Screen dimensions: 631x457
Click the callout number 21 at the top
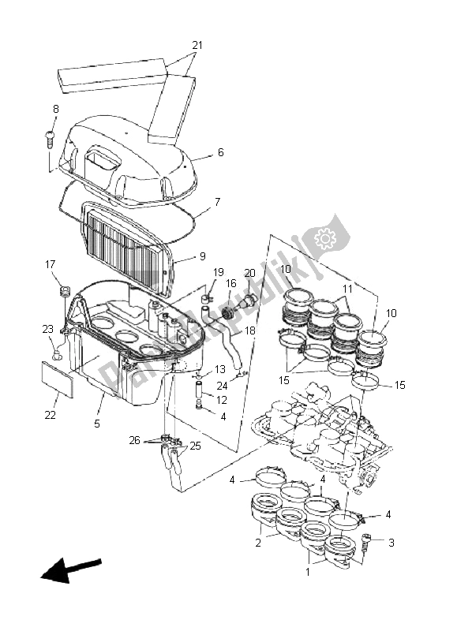click(197, 45)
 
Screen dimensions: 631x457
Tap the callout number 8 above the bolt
click(56, 108)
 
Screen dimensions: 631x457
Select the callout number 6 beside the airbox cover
click(220, 152)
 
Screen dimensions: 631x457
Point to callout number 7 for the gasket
click(218, 202)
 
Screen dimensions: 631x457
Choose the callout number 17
click(50, 264)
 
